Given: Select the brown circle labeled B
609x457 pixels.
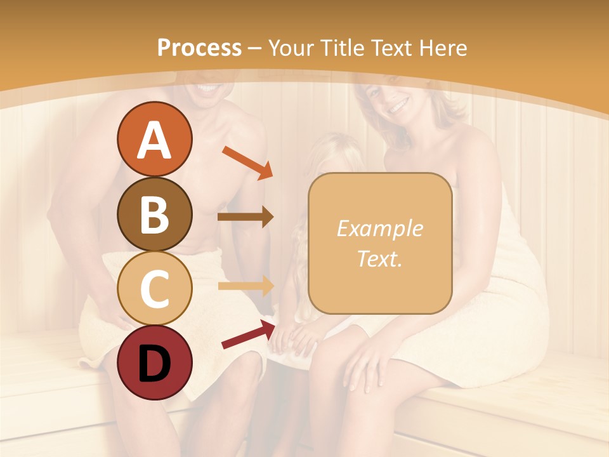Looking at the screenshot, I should point(154,214).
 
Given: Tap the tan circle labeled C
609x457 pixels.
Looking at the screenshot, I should point(154,288).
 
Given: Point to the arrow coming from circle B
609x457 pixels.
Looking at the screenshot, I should point(246,216).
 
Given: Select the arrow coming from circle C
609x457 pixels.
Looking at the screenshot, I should point(246,286).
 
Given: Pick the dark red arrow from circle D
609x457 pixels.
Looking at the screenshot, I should point(248,334).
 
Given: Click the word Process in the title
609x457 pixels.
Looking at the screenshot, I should point(199,48).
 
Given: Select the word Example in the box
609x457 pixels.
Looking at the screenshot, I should point(379,228).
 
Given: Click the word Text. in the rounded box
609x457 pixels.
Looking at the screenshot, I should point(379,258).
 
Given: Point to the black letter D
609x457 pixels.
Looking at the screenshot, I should point(154,364).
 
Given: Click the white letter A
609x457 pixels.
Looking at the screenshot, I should point(154,140).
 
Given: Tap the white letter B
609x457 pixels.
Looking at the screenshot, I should point(154,214).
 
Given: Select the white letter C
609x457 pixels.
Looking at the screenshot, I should point(154,288).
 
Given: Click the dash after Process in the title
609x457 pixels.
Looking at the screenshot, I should point(255,48).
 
